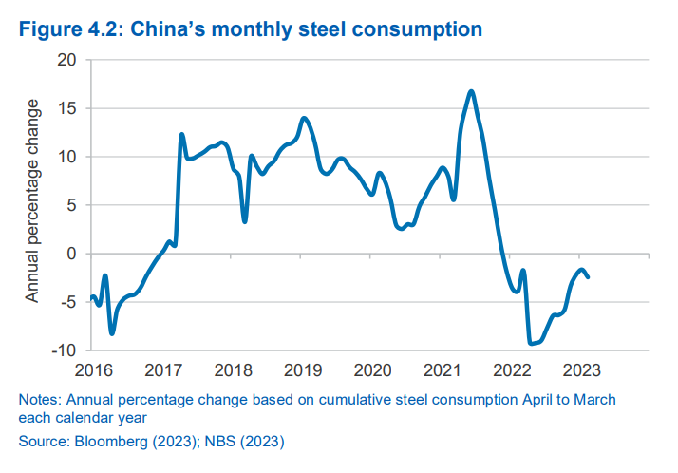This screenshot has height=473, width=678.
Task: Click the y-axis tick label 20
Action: coord(67,59)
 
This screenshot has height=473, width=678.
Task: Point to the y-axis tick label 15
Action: coord(67,107)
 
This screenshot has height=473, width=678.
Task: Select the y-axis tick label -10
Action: coord(65,350)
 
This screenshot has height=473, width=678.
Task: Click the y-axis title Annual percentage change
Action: coord(32,200)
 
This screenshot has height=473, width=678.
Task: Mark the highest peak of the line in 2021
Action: coord(471,91)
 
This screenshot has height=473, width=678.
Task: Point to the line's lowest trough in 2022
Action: coord(531,344)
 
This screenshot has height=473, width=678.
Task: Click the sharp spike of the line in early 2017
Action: coord(181,135)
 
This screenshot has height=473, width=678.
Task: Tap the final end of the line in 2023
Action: coord(588,277)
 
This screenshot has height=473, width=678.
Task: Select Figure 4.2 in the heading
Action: coord(64,29)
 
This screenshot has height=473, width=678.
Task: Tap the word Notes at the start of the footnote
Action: coord(38,400)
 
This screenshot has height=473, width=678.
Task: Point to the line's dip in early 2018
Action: coord(245,221)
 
